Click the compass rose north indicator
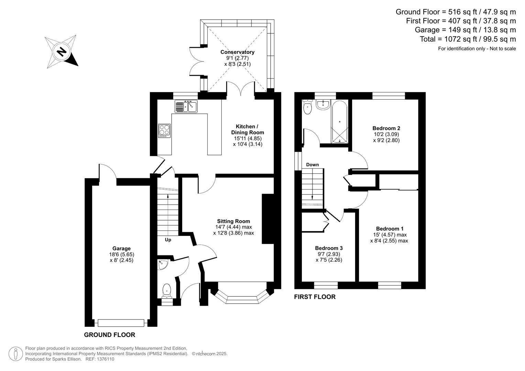[x=62, y=52]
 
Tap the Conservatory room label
[x=237, y=52]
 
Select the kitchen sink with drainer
[x=186, y=106]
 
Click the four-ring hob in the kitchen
[x=164, y=131]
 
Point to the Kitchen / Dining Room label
[x=247, y=130]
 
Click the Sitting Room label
[x=233, y=221]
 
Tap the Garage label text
[x=121, y=248]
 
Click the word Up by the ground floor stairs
[x=168, y=240]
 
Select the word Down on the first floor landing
[x=312, y=165]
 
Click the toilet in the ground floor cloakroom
[x=167, y=291]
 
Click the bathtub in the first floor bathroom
[x=339, y=121]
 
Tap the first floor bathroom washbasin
[x=322, y=104]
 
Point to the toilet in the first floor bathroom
[x=307, y=107]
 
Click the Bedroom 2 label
[x=386, y=128]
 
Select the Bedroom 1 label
[x=390, y=229]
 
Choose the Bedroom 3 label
[x=329, y=248]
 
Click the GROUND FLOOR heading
[x=110, y=335]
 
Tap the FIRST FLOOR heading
[x=315, y=297]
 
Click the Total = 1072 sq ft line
[x=468, y=39]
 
